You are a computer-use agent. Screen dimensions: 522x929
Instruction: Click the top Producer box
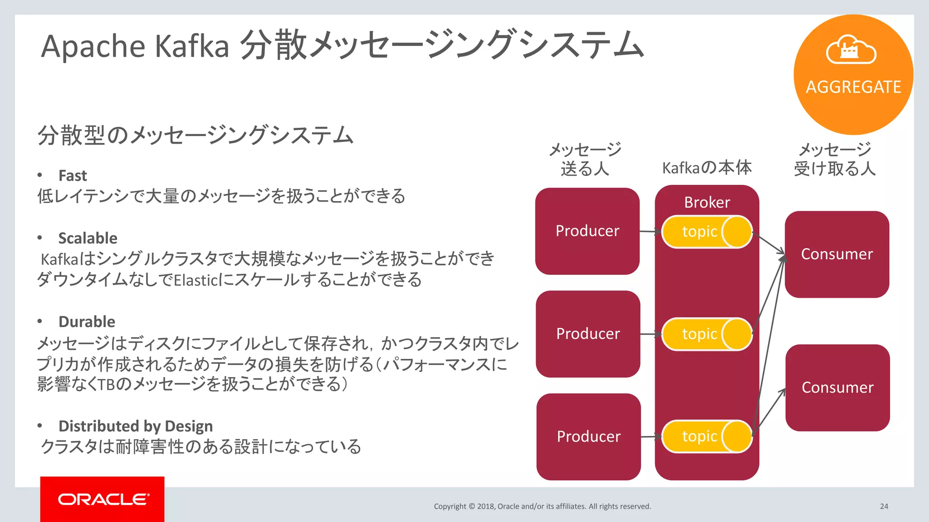click(587, 231)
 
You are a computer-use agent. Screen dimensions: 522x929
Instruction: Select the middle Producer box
click(588, 334)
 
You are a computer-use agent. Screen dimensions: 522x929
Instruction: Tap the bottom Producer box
click(588, 436)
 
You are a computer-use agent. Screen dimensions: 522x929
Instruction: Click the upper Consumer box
click(837, 254)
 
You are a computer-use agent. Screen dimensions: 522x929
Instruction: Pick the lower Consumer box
click(837, 387)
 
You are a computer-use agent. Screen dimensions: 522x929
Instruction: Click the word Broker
click(707, 202)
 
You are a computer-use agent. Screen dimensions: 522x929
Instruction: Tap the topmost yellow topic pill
click(707, 232)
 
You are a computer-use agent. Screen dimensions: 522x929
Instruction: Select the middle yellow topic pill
click(707, 334)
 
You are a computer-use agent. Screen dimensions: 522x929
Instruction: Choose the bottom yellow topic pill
click(707, 436)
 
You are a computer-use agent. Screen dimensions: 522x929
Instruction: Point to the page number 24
click(884, 506)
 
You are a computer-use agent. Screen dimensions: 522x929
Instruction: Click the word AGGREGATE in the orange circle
click(853, 87)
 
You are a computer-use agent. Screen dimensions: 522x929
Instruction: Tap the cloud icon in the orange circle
click(851, 50)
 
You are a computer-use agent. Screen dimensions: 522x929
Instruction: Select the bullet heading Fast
click(73, 175)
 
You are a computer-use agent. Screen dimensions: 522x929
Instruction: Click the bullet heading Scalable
click(88, 238)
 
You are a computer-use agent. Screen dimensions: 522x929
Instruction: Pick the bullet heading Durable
click(87, 322)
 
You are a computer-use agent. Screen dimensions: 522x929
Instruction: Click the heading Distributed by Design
click(135, 426)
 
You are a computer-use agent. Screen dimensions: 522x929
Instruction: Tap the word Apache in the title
click(92, 47)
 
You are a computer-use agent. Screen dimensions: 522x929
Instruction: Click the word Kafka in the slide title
click(192, 46)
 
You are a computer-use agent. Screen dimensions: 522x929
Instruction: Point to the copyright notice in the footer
click(542, 506)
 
